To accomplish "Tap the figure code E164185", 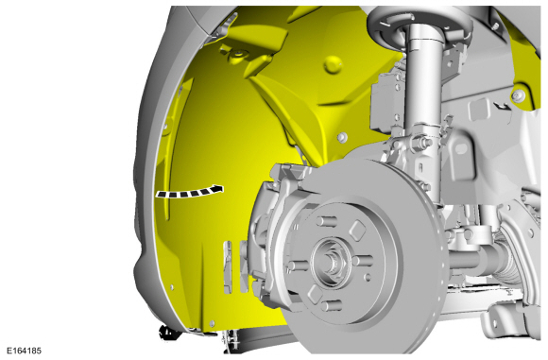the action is (x=24, y=351).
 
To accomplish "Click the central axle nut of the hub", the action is (x=331, y=262).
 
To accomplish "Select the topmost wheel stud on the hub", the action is (x=327, y=221).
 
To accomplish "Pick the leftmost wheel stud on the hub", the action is (x=297, y=266).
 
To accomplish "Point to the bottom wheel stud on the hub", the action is (x=331, y=306).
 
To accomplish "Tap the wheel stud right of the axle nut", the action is (x=363, y=261).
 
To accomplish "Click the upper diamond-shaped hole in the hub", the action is (x=357, y=231).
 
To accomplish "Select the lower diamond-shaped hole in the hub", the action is (x=314, y=293).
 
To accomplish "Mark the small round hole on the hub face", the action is (x=367, y=278).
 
